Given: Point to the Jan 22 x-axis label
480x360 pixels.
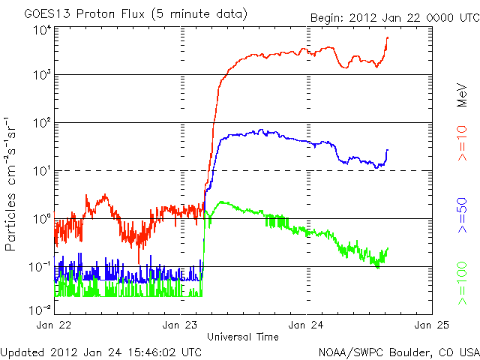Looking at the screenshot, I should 55,325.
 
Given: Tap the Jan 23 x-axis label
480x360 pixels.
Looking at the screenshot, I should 181,325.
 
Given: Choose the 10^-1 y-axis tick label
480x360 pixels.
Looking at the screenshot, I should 40,266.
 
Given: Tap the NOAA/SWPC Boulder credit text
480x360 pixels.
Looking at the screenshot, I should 398,352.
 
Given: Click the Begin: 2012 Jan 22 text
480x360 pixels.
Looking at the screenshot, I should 393,16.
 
